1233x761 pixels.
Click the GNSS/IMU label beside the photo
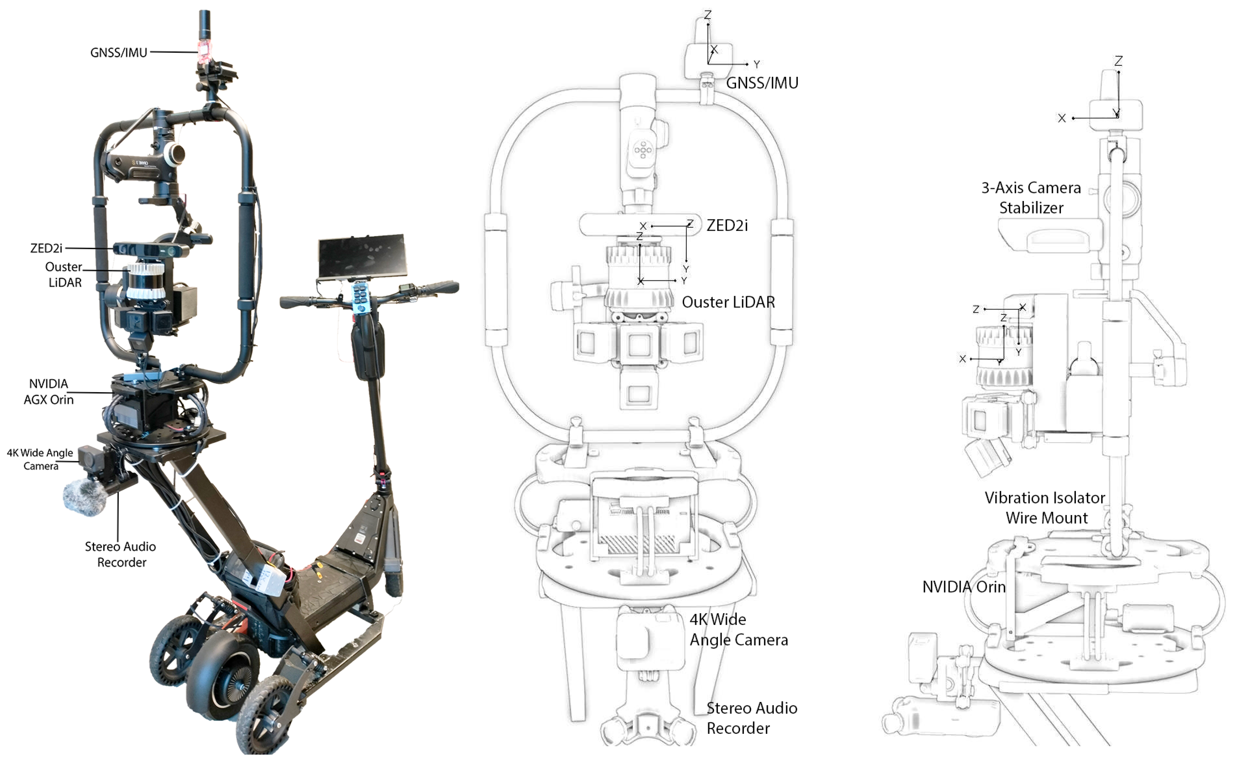119,52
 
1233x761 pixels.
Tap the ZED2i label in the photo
46,248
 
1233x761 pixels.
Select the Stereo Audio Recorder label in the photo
121,554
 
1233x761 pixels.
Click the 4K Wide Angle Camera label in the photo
40,459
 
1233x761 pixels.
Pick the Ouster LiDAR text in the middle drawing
728,302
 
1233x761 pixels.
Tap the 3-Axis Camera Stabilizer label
1031,197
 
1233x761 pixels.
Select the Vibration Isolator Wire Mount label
1045,507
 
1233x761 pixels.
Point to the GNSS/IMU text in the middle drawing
762,83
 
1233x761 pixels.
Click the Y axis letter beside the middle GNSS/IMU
756,65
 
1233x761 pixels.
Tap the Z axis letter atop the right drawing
1118,61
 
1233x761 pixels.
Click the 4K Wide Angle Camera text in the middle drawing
738,629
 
